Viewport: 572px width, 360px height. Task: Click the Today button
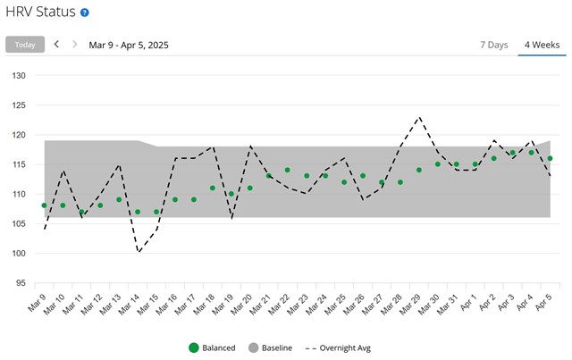click(25, 45)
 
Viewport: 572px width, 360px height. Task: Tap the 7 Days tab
click(493, 45)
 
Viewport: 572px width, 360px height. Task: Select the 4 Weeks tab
click(542, 45)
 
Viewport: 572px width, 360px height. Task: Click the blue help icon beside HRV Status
click(85, 13)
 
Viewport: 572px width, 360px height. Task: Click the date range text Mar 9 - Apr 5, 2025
click(129, 45)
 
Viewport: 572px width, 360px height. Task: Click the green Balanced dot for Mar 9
click(44, 205)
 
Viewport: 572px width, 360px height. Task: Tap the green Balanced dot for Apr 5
click(550, 158)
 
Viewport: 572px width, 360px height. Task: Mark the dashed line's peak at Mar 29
click(418, 117)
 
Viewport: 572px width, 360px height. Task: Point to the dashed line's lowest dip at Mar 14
click(139, 253)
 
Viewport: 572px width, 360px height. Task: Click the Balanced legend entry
click(212, 347)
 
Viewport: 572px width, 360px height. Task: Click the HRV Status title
click(40, 13)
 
